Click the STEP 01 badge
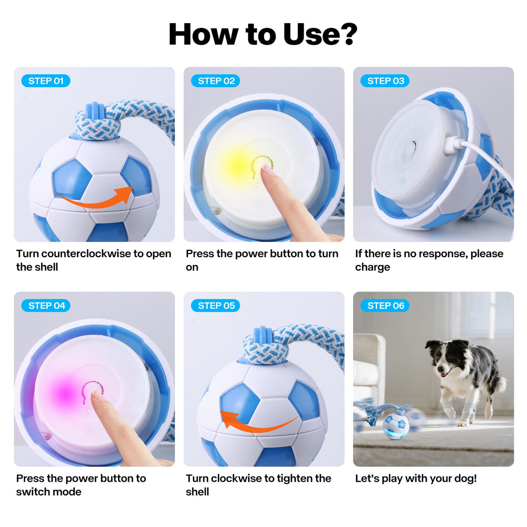pos(46,81)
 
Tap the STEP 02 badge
pos(216,81)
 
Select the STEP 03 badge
pos(385,81)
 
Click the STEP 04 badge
pos(46,306)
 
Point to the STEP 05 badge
pos(216,306)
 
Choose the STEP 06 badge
pos(385,306)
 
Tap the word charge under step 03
pos(372,267)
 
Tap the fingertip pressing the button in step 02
pos(269,171)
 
